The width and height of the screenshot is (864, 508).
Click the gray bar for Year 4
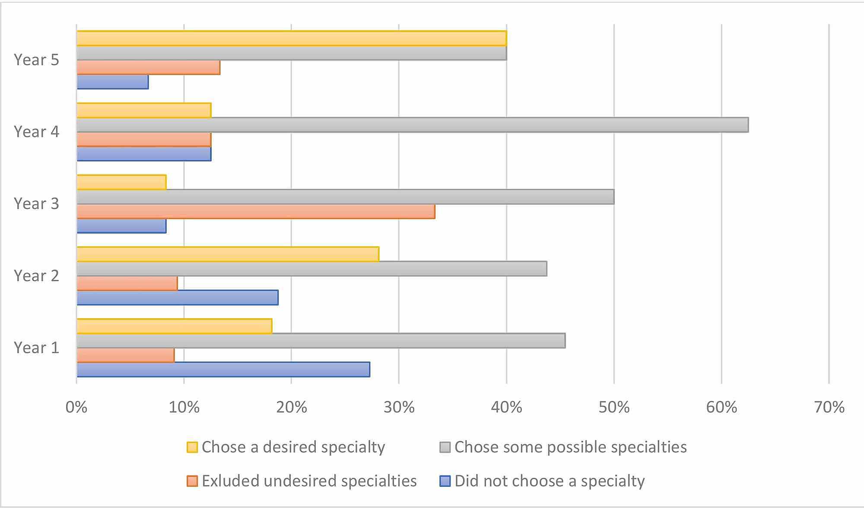coord(413,125)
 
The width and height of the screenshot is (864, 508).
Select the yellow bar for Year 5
coord(292,38)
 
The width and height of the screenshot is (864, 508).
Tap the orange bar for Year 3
coord(256,211)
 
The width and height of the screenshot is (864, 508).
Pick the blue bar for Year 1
coord(223,369)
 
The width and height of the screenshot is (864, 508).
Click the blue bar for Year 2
coord(178,298)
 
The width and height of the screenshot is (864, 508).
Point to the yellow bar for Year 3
coord(121,182)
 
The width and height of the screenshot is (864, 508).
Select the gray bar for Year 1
coord(321,340)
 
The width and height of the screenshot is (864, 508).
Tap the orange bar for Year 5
coord(149,67)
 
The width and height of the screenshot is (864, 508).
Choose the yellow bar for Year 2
coord(228,254)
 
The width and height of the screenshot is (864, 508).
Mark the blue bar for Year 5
coord(113,82)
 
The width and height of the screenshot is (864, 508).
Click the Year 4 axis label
coord(36,132)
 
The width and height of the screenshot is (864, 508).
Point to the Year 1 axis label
coord(36,348)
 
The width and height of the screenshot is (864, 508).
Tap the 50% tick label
coord(614,407)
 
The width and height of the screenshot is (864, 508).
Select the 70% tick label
coord(829,407)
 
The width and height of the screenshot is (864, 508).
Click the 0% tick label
coord(76,407)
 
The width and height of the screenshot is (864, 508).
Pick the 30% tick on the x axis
coord(399,407)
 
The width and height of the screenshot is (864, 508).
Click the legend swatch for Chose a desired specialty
coord(192,447)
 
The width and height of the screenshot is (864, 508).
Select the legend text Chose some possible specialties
coord(570,447)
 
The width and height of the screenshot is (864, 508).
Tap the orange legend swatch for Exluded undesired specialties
coord(192,481)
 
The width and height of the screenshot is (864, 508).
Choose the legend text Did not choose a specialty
coord(550,481)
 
